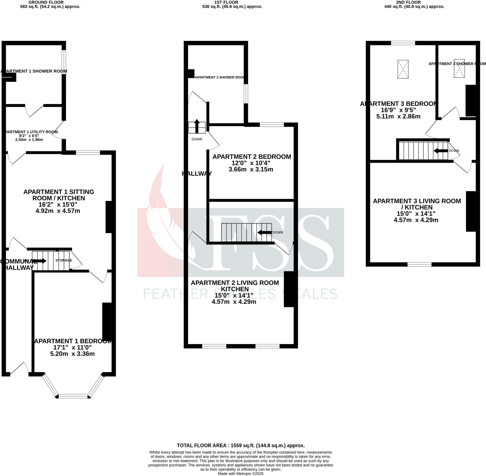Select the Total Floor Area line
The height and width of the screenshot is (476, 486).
[x=241, y=445]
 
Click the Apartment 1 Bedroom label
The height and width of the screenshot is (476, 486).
[x=73, y=341]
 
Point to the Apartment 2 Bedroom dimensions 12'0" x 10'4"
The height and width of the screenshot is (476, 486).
[x=251, y=163]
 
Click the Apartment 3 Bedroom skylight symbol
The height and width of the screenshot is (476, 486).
[x=403, y=69]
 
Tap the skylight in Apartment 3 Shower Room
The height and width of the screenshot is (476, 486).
[x=459, y=68]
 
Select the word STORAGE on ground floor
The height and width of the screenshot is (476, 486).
[x=64, y=260]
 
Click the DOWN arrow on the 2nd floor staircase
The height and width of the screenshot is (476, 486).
[x=440, y=151]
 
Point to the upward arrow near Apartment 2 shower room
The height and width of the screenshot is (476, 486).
[x=197, y=126]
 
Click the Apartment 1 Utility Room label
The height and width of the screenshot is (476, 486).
[x=31, y=132]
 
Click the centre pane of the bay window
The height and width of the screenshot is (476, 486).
[x=73, y=396]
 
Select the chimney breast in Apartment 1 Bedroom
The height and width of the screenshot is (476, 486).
[x=107, y=321]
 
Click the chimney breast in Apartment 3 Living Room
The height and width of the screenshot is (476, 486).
[x=471, y=211]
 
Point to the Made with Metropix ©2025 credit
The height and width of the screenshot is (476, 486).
[x=241, y=473]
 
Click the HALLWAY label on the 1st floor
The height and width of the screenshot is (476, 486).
[x=197, y=174]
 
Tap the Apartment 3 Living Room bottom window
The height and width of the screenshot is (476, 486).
[x=419, y=264]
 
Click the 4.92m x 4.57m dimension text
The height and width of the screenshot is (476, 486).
[x=58, y=211]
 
